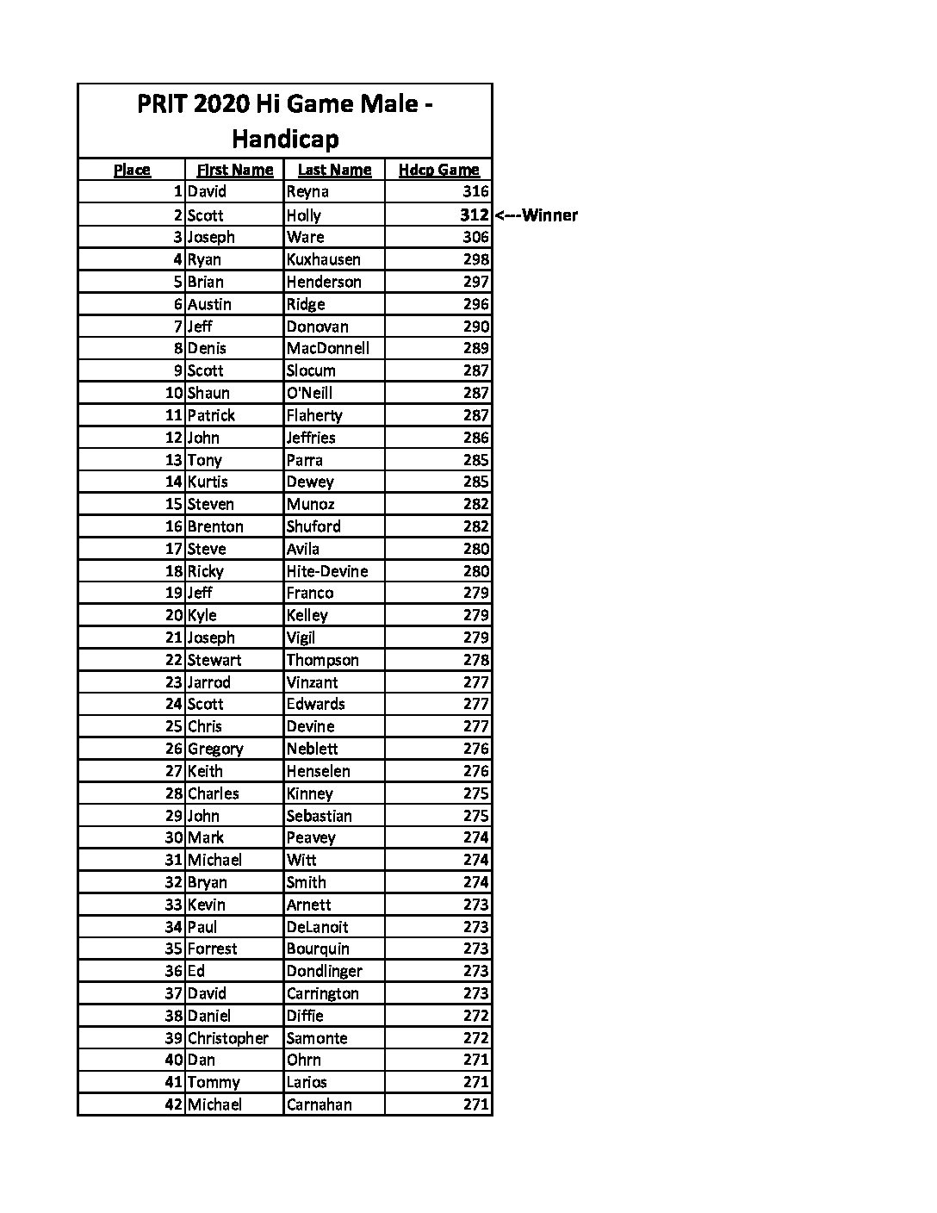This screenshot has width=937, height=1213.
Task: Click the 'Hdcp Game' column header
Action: (x=438, y=170)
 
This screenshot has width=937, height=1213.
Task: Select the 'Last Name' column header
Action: (x=334, y=170)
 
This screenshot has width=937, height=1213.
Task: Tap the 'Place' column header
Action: (x=132, y=170)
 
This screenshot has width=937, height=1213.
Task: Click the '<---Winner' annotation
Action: (x=536, y=215)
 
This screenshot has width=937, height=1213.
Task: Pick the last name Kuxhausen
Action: (x=323, y=259)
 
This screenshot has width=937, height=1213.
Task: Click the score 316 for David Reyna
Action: (x=475, y=191)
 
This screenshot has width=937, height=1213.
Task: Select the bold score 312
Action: (x=474, y=215)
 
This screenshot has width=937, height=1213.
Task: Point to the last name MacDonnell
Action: (x=327, y=348)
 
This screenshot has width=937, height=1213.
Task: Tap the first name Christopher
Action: (x=228, y=1037)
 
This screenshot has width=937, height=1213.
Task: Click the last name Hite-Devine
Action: (x=326, y=570)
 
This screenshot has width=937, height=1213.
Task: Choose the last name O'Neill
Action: (x=309, y=393)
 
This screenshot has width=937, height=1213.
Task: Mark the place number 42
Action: (x=174, y=1104)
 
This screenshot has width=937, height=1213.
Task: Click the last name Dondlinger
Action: (x=324, y=971)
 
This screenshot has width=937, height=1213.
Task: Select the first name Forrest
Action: (x=212, y=949)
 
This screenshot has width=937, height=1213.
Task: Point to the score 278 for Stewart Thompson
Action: (x=475, y=660)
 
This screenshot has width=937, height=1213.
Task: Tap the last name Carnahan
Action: (x=319, y=1104)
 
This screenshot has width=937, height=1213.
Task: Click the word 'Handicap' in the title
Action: (x=285, y=139)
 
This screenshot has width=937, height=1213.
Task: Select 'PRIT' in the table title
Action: (x=161, y=104)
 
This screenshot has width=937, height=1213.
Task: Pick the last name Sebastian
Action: (x=319, y=815)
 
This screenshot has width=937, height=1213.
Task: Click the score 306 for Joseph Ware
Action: (x=475, y=237)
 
